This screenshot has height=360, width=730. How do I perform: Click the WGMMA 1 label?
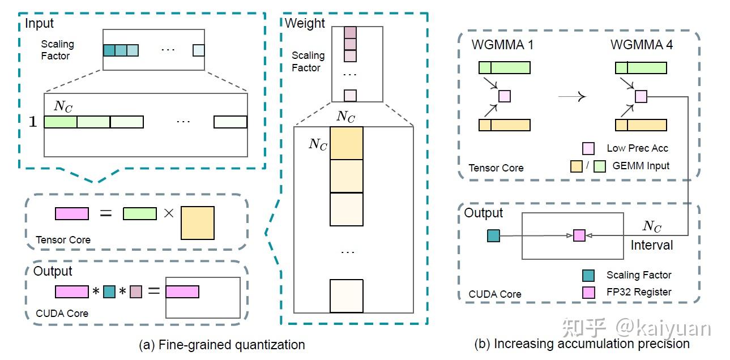[x=502, y=45]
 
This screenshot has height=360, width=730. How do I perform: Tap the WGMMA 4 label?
[x=642, y=45]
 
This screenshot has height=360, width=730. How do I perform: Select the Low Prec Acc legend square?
[x=588, y=148]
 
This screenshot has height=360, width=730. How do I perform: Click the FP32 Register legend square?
[x=588, y=292]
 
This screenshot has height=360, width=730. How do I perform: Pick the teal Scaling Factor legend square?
[x=588, y=275]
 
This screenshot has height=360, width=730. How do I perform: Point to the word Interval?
[x=651, y=245]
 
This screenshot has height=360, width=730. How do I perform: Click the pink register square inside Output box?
[x=579, y=235]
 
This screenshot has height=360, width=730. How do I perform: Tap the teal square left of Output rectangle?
[x=493, y=235]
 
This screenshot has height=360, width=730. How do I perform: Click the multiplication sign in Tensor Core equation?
[x=169, y=213]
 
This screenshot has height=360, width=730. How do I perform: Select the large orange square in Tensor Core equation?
[x=198, y=223]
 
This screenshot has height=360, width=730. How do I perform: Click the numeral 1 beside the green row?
[x=33, y=122]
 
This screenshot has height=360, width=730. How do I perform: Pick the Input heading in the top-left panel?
[x=39, y=23]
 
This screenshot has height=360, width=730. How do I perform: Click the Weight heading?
[x=305, y=23]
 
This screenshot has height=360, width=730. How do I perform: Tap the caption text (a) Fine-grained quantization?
[x=222, y=345]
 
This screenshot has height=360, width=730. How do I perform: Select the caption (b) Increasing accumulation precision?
[x=582, y=344]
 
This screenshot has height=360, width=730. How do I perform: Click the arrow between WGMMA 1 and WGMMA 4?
[x=572, y=96]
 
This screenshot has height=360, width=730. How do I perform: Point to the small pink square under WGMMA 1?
[x=505, y=96]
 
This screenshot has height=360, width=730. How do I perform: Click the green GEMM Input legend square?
[x=600, y=166]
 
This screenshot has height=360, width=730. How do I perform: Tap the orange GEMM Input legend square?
[x=576, y=166]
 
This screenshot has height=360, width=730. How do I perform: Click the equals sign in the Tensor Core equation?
[x=105, y=213]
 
